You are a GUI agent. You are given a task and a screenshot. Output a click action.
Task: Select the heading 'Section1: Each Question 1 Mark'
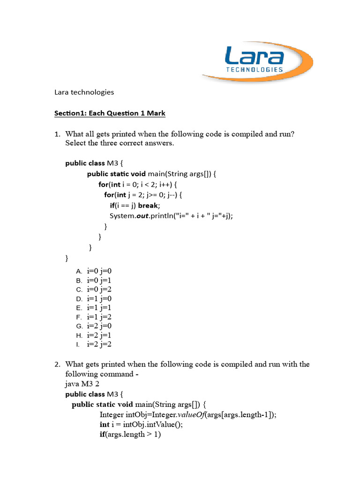pyautogui.click(x=110, y=113)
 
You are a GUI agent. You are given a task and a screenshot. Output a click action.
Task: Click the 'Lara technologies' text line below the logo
pyautogui.click(x=84, y=92)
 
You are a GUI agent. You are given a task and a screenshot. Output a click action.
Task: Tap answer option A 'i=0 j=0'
pyautogui.click(x=99, y=271)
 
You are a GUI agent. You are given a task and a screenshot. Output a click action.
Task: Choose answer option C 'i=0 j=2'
pyautogui.click(x=99, y=289)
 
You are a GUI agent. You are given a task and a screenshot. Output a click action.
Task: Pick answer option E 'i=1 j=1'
pyautogui.click(x=99, y=307)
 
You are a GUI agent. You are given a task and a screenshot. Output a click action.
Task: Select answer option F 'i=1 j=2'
pyautogui.click(x=99, y=317)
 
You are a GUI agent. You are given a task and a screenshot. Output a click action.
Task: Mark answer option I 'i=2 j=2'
pyautogui.click(x=99, y=345)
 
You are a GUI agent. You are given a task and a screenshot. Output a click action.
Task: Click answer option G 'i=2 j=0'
pyautogui.click(x=99, y=326)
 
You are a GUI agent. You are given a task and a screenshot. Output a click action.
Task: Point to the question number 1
pyautogui.click(x=57, y=134)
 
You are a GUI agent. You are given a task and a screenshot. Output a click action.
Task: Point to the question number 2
pyautogui.click(x=57, y=364)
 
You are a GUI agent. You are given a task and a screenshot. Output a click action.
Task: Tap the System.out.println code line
pyautogui.click(x=171, y=216)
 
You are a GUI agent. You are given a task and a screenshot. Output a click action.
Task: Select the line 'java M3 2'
pyautogui.click(x=82, y=384)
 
